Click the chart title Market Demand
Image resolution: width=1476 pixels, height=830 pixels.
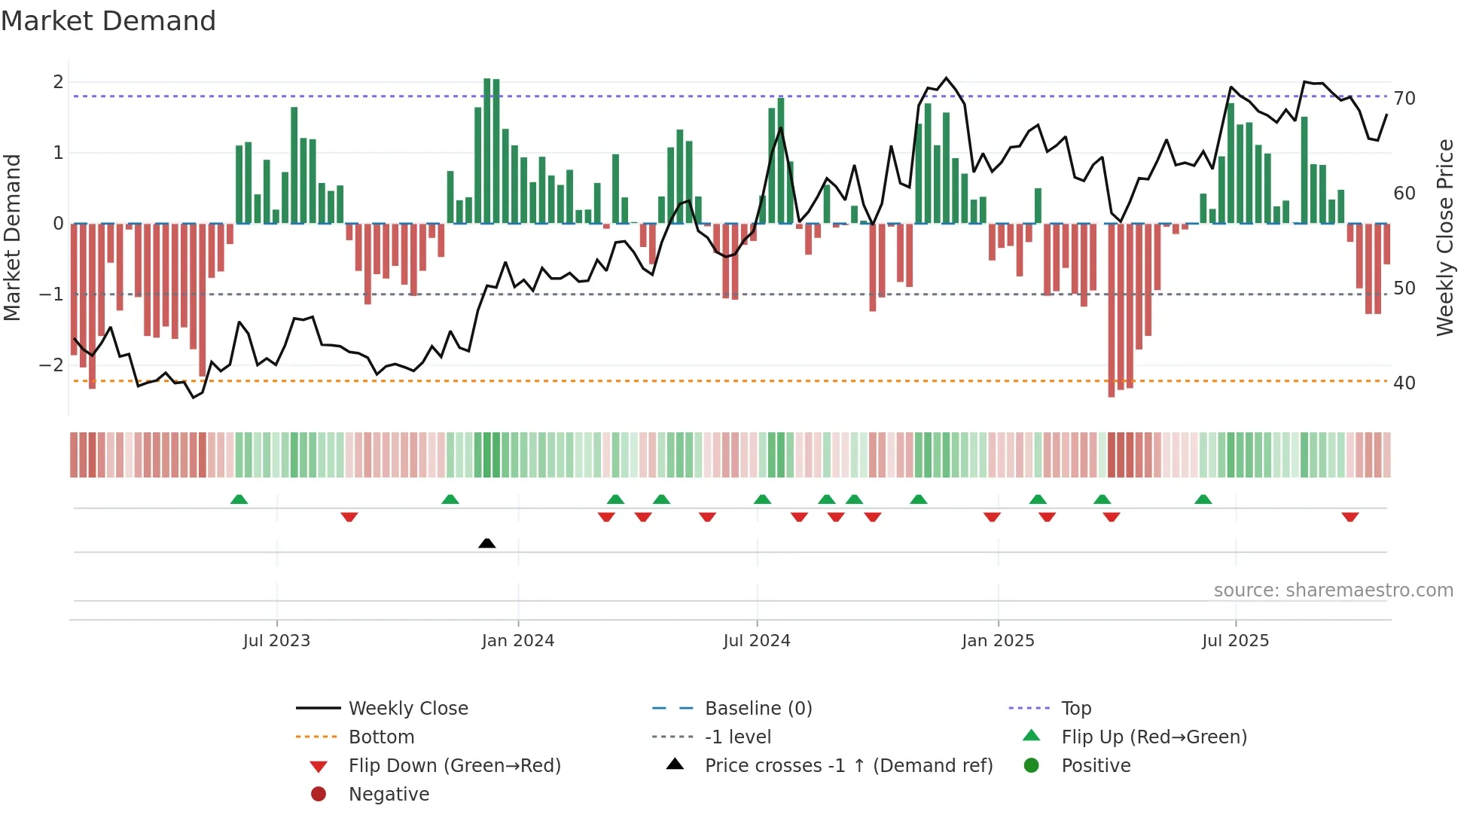(108, 21)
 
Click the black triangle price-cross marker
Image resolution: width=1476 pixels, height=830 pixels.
(487, 543)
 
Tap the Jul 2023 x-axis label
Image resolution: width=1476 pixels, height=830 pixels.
(276, 641)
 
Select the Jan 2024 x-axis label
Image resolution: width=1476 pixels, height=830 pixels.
(518, 641)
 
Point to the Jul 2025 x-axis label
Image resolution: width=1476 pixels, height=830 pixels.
(1235, 641)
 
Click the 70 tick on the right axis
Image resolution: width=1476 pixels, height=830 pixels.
(1404, 99)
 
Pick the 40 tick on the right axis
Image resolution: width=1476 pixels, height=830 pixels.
(1404, 383)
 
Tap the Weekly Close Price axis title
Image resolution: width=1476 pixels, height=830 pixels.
(1444, 237)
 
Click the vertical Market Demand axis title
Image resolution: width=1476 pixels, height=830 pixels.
(12, 237)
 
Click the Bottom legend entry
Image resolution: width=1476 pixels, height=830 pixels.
(381, 737)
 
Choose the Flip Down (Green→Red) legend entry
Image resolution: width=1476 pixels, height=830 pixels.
(454, 766)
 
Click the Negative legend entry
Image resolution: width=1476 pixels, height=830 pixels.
(389, 795)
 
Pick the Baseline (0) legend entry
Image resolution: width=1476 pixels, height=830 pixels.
(758, 709)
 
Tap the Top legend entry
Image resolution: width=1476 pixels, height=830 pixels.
(1076, 709)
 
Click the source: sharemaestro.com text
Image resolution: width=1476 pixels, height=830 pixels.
(1333, 590)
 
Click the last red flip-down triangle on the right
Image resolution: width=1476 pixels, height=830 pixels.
(1349, 517)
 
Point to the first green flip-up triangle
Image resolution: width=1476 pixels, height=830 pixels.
(239, 499)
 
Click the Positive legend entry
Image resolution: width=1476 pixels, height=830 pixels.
(1096, 766)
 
